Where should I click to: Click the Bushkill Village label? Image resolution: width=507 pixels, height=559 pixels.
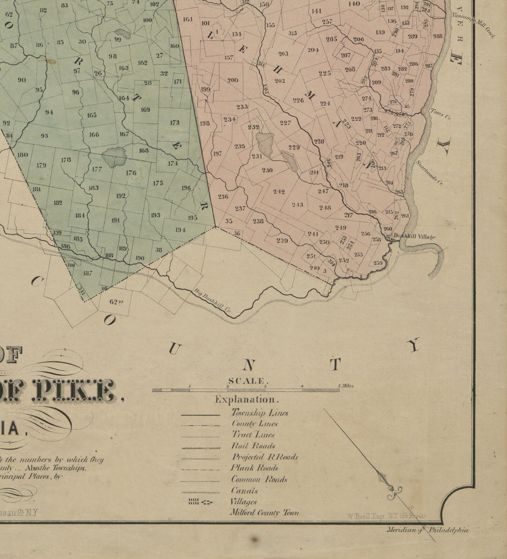pyautogui.click(x=414, y=237)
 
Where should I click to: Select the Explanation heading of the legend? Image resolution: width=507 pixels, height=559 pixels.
pyautogui.click(x=247, y=400)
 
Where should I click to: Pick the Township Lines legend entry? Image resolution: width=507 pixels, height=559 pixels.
pyautogui.click(x=260, y=413)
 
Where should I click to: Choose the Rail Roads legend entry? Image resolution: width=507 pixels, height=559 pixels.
pyautogui.click(x=253, y=446)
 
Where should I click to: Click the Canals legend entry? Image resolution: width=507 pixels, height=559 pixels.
pyautogui.click(x=244, y=491)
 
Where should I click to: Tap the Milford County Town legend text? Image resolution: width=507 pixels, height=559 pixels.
pyautogui.click(x=264, y=513)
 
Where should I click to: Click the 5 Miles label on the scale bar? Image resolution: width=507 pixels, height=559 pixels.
pyautogui.click(x=346, y=386)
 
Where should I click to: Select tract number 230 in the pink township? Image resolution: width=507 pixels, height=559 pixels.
pyautogui.click(x=267, y=170)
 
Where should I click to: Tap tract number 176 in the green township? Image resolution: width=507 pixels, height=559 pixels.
pyautogui.click(x=131, y=173)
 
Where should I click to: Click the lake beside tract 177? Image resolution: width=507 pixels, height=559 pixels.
pyautogui.click(x=114, y=157)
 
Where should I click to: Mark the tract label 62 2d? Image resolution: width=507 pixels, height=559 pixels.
pyautogui.click(x=116, y=302)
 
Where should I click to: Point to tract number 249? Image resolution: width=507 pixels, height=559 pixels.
pyautogui.click(x=341, y=228)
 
